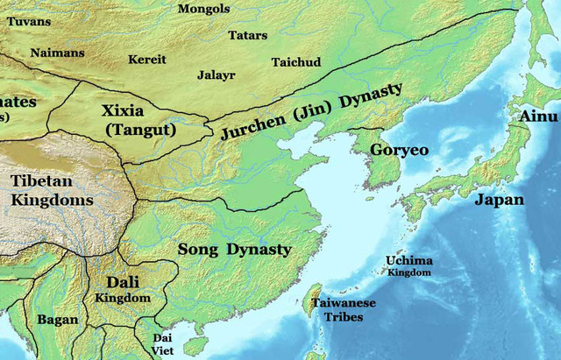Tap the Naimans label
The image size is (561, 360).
pos(58,53)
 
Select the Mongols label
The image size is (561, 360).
pos(204,9)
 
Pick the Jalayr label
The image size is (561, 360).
pos(217,76)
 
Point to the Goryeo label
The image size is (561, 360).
pos(399,150)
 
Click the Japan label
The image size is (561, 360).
pos(500,200)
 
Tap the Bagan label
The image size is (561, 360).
pos(58,320)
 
